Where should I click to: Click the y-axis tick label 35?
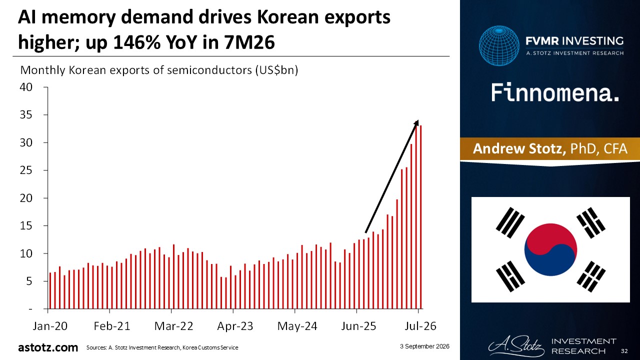pos(26,115)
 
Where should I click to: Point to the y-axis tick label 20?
pos(26,198)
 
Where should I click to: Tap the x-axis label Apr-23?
pos(235,326)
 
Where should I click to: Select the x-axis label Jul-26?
pos(420,326)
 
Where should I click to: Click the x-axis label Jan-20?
pos(50,326)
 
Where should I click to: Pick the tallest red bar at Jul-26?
pos(421,217)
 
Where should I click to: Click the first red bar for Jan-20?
pos(50,290)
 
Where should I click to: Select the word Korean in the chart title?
pos(288,17)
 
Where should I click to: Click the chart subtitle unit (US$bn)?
pos(276,70)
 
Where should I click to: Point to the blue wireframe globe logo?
pos(499,45)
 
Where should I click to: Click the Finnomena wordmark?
pos(555,92)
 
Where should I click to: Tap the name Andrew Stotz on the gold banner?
pos(519,148)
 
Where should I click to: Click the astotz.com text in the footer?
pos(48,347)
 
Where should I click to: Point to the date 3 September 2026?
pos(424,346)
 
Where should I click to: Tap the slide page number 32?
pos(624,351)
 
